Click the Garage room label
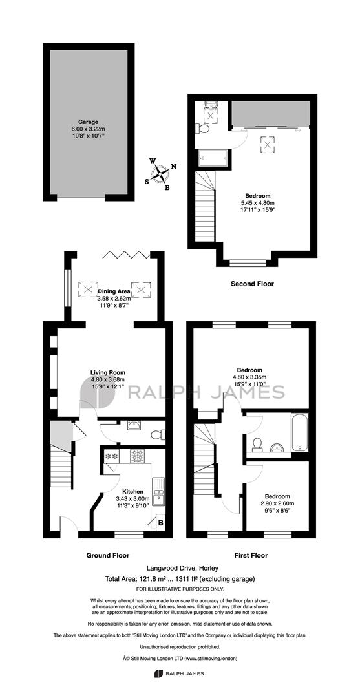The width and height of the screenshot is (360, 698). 88,122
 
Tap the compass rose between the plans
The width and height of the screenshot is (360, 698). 161,174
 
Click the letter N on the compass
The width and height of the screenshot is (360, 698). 174,167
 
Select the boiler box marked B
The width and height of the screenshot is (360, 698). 160,523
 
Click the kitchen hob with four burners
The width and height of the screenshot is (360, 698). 137,456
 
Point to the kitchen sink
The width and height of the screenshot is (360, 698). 158,492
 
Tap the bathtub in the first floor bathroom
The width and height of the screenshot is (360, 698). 299,431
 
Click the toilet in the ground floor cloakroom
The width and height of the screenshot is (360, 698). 158,434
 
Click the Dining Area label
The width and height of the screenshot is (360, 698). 114,292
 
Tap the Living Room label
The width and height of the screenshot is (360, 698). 108,373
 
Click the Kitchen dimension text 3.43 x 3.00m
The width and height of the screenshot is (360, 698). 129,498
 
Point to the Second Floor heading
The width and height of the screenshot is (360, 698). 252,284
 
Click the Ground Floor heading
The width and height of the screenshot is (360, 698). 107,555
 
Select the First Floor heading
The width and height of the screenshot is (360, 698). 251,555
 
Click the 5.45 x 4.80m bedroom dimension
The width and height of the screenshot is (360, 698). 258,202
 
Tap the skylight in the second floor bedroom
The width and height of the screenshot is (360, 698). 268,144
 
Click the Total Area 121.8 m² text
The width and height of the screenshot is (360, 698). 138,579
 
